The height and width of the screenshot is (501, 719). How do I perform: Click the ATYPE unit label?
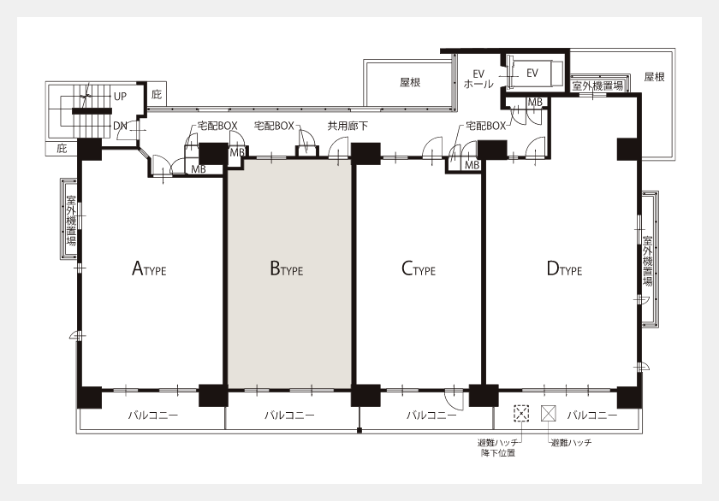[x=149, y=268]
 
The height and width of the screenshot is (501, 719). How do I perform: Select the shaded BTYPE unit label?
[x=287, y=268]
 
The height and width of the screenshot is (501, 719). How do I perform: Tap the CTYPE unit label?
[x=419, y=268]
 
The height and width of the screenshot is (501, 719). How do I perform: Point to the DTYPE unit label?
[x=564, y=268]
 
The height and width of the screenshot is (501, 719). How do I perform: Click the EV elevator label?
[x=532, y=73]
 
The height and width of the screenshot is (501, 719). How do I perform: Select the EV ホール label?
[x=478, y=79]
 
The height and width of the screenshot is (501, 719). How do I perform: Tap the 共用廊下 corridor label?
[x=348, y=126]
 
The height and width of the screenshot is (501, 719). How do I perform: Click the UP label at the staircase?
[x=120, y=97]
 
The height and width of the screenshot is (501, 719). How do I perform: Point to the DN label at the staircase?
[x=120, y=126]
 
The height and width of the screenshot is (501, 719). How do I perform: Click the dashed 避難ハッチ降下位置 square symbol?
[x=521, y=413]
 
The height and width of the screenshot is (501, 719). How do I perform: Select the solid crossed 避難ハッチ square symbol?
[x=549, y=413]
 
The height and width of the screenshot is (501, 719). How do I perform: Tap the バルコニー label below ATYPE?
[x=152, y=416]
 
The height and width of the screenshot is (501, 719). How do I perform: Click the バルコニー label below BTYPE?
[x=289, y=416]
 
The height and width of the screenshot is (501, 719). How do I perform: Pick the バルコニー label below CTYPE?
[x=431, y=416]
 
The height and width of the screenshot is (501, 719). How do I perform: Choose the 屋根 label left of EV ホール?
[x=410, y=82]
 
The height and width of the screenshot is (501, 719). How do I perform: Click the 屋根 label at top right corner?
[x=654, y=77]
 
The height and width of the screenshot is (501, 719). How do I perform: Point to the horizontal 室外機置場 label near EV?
[x=597, y=85]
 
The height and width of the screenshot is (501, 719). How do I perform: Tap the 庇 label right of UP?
[x=157, y=95]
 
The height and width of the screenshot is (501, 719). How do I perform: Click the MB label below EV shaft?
[x=535, y=103]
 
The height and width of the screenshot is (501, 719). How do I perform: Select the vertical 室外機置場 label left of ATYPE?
[x=71, y=221]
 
